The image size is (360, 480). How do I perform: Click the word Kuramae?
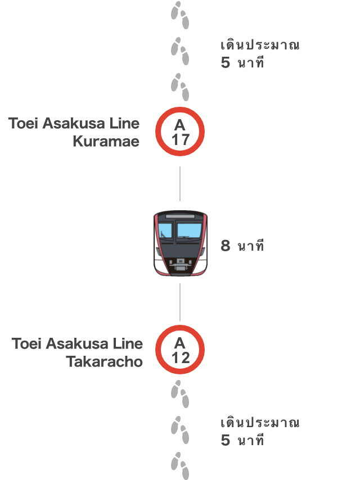pos(106,142)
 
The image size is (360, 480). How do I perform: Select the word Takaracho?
pos(105,361)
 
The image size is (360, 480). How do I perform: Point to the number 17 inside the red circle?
pos(180,139)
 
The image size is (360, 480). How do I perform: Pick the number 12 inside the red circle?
pos(181,357)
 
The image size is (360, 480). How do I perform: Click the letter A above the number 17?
pos(180,125)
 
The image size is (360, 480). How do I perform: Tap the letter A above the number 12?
pos(180,343)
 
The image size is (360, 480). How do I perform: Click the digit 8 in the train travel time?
pos(226,246)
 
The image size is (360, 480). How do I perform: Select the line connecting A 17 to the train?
pos(180,184)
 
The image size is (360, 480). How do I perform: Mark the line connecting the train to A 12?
pos(180,302)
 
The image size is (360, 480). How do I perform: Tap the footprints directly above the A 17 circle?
pos(180,87)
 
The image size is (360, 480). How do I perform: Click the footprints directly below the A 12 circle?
pos(180,395)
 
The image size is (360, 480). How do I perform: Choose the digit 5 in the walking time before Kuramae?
pos(225,63)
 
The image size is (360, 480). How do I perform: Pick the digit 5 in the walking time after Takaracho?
pos(225,440)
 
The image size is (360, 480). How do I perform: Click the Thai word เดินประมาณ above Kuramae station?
pos(260,45)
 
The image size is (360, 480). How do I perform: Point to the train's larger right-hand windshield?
pos(190,230)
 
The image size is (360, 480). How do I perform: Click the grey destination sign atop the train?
pos(180,216)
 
